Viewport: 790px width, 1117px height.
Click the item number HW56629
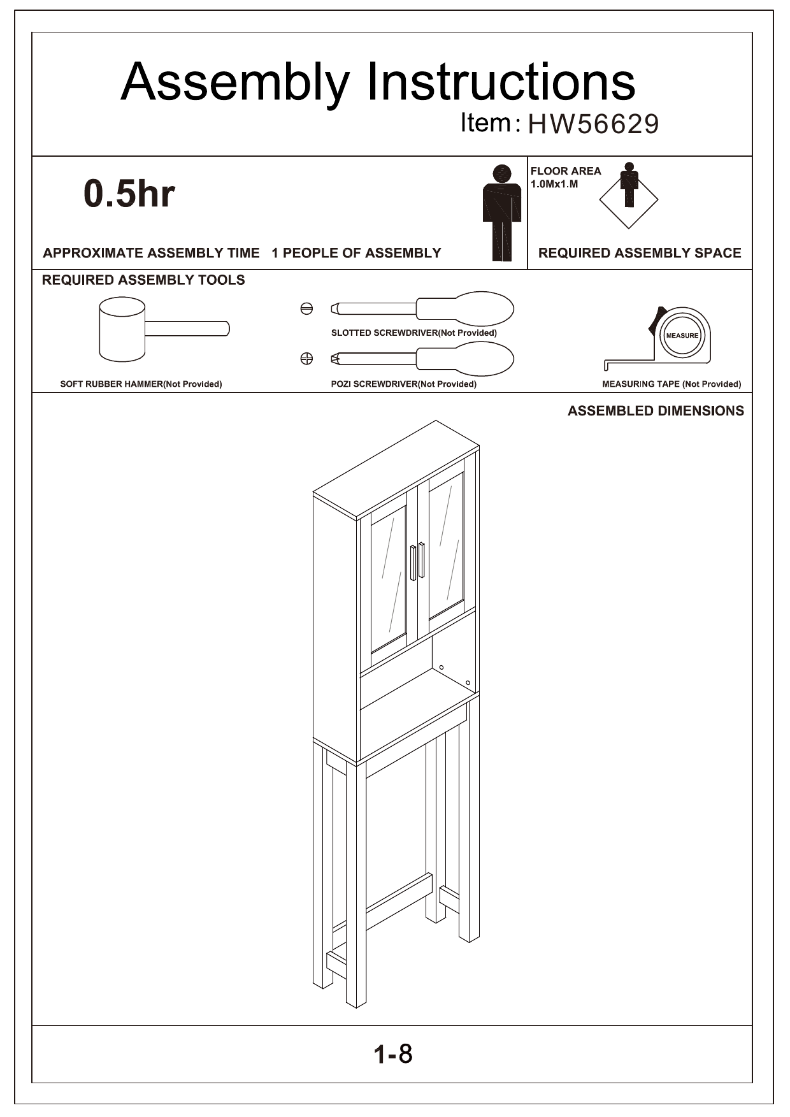tap(592, 124)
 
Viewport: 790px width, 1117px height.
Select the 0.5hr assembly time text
tap(129, 194)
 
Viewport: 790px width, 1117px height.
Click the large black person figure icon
tap(502, 212)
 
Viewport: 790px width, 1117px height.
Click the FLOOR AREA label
tap(566, 171)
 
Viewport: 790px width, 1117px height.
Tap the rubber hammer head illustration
tap(122, 329)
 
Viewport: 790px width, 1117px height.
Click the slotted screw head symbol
tap(306, 309)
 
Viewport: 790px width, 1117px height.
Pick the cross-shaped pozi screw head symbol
tap(306, 359)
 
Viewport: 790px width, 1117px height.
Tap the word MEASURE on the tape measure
tap(682, 336)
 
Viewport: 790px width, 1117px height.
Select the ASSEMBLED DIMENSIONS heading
tap(656, 411)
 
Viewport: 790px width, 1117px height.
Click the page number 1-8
tap(393, 1055)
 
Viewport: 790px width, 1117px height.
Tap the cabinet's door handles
tap(417, 561)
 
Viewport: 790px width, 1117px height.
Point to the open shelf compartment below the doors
tap(414, 685)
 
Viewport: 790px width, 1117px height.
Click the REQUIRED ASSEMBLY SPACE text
tap(640, 253)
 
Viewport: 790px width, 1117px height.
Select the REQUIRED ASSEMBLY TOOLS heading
tap(143, 280)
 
